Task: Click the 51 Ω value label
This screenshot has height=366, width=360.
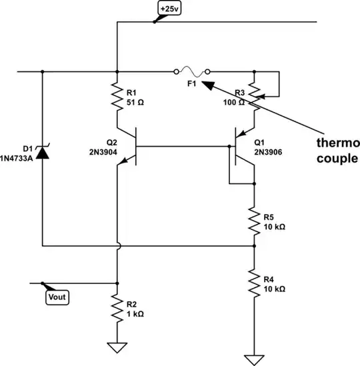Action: (x=135, y=103)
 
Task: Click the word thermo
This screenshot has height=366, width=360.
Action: (x=337, y=143)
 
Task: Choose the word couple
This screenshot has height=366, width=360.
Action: (x=336, y=158)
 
